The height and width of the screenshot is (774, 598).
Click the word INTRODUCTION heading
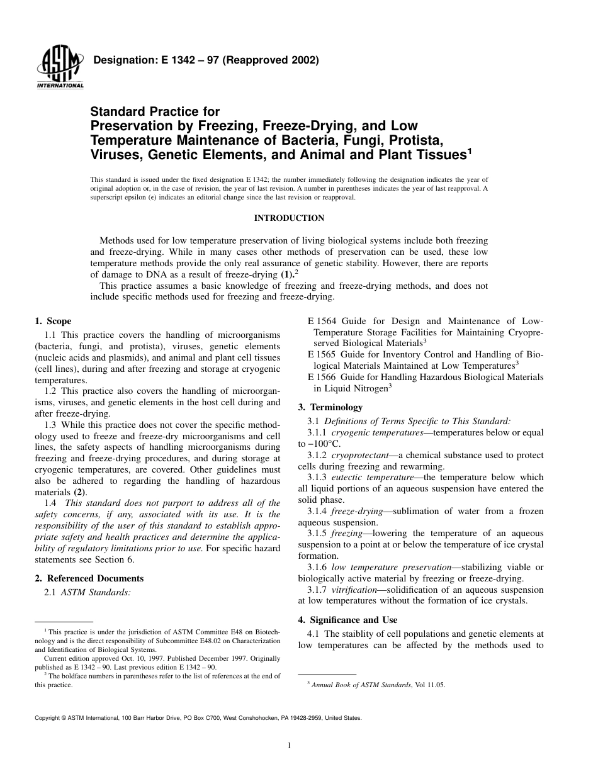click(x=289, y=218)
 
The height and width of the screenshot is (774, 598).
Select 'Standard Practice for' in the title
click(x=155, y=112)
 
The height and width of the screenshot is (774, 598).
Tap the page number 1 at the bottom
click(x=288, y=746)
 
